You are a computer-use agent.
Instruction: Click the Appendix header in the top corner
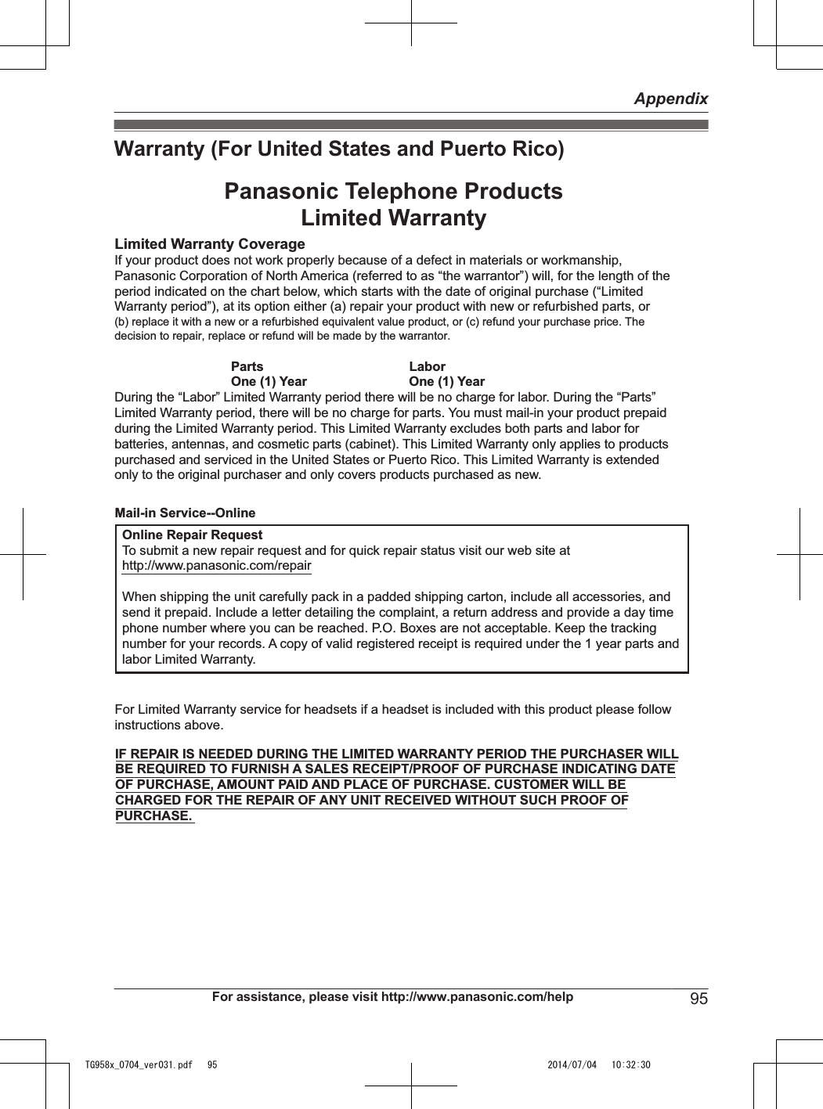point(670,99)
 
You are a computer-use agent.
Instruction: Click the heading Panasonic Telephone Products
point(393,192)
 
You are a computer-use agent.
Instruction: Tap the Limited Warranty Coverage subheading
point(210,244)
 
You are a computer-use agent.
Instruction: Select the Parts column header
point(247,366)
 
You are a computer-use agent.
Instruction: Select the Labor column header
point(427,366)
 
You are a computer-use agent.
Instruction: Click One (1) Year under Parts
point(269,381)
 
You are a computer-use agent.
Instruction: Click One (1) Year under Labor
point(446,381)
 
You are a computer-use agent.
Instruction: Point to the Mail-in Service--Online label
point(185,513)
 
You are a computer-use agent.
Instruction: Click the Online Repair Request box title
point(192,535)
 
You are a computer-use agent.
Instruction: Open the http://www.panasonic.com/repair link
point(217,565)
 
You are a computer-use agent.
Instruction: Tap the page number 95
point(698,999)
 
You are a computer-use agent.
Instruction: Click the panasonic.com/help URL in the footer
point(477,996)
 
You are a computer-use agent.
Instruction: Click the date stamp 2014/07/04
point(572,1065)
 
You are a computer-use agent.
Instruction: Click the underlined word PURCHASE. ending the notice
point(153,816)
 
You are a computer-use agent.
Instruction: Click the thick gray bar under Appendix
point(411,124)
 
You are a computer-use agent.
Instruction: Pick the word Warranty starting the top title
point(159,149)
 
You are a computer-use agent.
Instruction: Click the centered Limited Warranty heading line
point(393,218)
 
